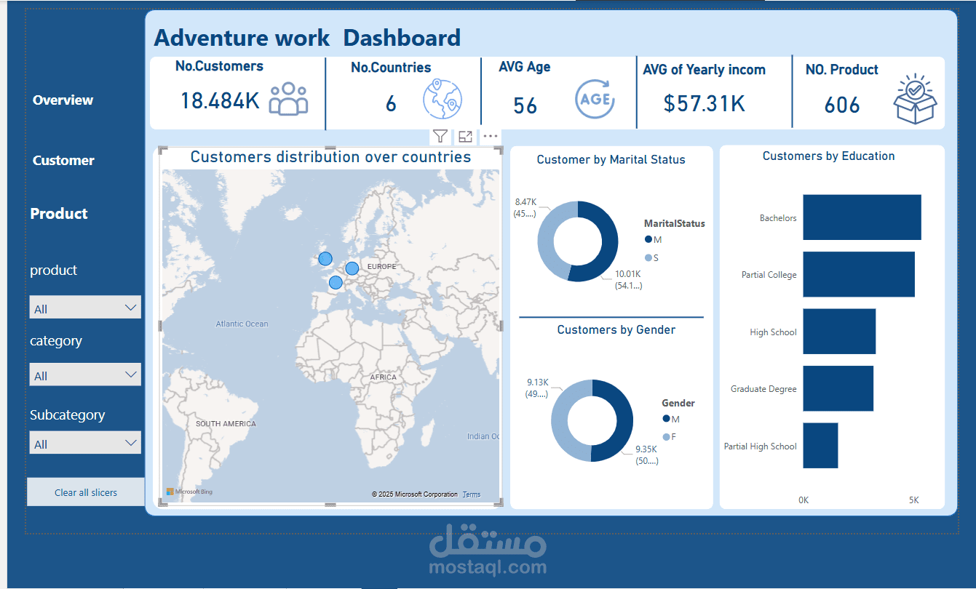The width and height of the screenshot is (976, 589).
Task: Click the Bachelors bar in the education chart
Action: tap(862, 217)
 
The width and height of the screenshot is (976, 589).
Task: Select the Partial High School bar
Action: tap(820, 446)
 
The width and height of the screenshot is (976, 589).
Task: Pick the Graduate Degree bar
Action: tap(838, 389)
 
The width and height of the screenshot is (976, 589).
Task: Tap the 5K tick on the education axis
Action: tap(913, 500)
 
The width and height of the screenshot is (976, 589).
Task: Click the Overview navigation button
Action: tap(63, 100)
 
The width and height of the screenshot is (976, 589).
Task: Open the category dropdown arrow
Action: tap(131, 375)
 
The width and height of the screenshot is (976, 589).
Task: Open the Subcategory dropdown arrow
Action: tap(131, 443)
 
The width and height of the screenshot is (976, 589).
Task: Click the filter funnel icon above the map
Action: tap(440, 136)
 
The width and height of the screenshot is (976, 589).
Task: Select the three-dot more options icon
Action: tap(491, 136)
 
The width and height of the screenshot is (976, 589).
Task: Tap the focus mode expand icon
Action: tap(465, 136)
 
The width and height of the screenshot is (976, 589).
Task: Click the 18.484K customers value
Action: tap(220, 101)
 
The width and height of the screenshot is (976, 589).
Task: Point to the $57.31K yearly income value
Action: tap(704, 104)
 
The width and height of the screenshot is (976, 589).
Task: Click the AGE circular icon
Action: tap(595, 99)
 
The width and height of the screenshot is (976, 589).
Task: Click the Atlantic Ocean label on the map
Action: tap(242, 324)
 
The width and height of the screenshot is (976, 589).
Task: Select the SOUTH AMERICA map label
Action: tap(226, 423)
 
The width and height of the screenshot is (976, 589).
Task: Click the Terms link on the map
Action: tap(472, 494)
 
